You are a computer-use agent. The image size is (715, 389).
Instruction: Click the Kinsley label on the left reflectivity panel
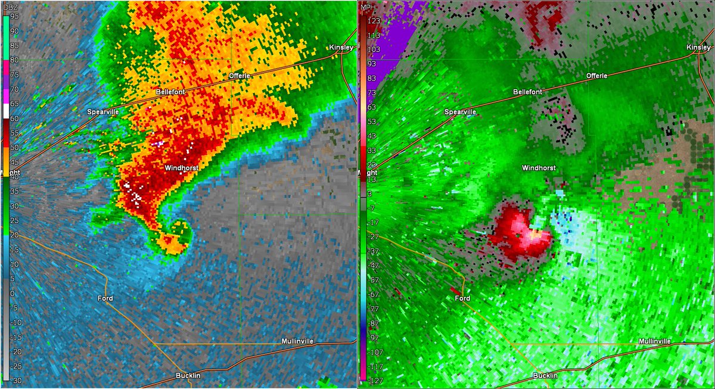coord(341,47)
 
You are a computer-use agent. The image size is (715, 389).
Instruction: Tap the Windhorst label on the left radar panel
coord(181,169)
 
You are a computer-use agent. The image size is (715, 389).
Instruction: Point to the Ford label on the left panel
coord(105,298)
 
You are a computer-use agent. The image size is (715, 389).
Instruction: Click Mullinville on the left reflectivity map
coord(297,341)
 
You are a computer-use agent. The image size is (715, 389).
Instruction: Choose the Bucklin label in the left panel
coord(189,375)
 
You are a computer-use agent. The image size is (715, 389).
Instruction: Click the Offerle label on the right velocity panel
coord(596,76)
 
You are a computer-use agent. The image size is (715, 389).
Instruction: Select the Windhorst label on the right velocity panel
coord(539,168)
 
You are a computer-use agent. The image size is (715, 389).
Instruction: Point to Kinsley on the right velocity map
coord(698,47)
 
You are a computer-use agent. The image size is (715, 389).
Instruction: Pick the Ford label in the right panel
coord(462,298)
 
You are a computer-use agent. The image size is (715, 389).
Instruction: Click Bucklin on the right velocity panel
coord(546,375)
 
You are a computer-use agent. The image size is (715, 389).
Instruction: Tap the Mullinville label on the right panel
coord(654,341)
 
